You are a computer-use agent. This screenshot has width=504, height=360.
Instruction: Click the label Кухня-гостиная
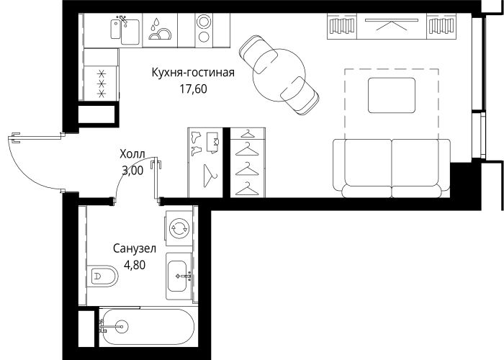pyautogui.click(x=193, y=72)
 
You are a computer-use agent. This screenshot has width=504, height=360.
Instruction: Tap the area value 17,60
pyautogui.click(x=193, y=89)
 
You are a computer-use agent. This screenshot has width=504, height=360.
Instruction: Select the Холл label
pyautogui.click(x=132, y=154)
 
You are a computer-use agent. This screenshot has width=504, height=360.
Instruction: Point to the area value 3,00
pyautogui.click(x=132, y=171)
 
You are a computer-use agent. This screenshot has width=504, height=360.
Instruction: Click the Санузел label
pyautogui.click(x=135, y=248)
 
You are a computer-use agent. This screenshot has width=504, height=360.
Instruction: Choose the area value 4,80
pyautogui.click(x=135, y=265)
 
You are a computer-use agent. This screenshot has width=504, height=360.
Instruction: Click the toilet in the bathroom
pyautogui.click(x=102, y=276)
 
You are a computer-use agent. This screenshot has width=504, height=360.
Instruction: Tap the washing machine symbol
pyautogui.click(x=179, y=228)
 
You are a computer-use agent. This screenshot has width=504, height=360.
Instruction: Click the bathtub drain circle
pyautogui.click(x=122, y=327)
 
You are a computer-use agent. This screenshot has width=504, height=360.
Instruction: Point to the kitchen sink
pyautogui.click(x=125, y=30)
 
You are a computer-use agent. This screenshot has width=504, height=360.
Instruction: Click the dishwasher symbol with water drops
pyautogui.click(x=160, y=30)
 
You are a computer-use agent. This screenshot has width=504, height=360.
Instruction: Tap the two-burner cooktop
pyautogui.click(x=204, y=30)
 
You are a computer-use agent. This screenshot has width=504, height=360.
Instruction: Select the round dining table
pyautogui.click(x=279, y=75)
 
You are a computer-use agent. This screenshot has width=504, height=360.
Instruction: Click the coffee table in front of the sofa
pyautogui.click(x=392, y=95)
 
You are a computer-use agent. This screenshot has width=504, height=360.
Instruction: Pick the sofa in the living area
pyautogui.click(x=392, y=168)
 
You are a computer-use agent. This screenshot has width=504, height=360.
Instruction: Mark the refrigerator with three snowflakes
pyautogui.click(x=102, y=84)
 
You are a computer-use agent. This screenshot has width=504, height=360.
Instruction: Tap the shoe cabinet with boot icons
pyautogui.click(x=205, y=163)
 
